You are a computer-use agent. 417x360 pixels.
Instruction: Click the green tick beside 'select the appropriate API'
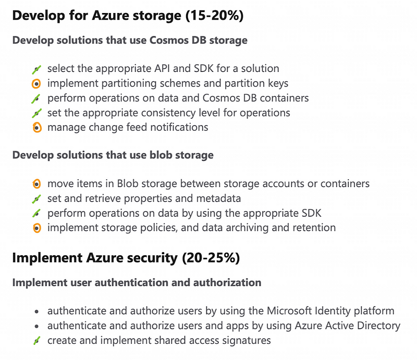pyautogui.click(x=36, y=70)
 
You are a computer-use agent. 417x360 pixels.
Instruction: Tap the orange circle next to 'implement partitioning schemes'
pyautogui.click(x=36, y=84)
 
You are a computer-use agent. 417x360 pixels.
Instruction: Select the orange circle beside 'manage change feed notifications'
pyautogui.click(x=37, y=128)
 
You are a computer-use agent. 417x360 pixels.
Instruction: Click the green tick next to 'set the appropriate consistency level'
pyautogui.click(x=36, y=114)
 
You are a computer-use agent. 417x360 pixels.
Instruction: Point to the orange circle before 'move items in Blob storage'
pyautogui.click(x=36, y=184)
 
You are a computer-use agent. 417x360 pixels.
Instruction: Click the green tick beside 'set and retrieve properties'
pyautogui.click(x=36, y=199)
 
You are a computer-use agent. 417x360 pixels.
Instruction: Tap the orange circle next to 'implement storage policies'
pyautogui.click(x=36, y=228)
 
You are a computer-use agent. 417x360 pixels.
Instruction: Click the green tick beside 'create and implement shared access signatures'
pyautogui.click(x=36, y=341)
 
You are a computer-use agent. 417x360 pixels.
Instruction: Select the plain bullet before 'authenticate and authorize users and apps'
pyautogui.click(x=36, y=326)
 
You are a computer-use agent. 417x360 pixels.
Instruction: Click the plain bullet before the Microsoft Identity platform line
pyautogui.click(x=36, y=312)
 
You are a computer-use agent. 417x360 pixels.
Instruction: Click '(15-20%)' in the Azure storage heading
pyautogui.click(x=214, y=16)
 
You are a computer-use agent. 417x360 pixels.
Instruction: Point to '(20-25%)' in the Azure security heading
pyautogui.click(x=211, y=258)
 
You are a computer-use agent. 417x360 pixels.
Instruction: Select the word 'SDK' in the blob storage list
pyautogui.click(x=311, y=213)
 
